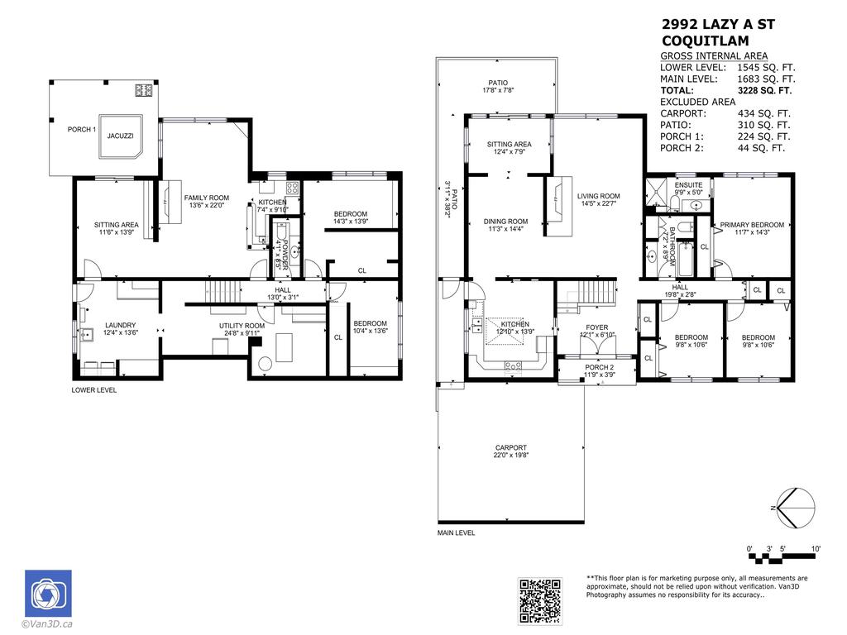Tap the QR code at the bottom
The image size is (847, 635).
click(x=539, y=600)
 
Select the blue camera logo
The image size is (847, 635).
click(x=48, y=594)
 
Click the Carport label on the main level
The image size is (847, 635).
click(x=511, y=447)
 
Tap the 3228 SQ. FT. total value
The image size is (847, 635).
click(x=763, y=90)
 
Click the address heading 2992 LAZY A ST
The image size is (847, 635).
click(x=719, y=24)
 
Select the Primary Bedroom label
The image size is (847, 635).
click(x=752, y=225)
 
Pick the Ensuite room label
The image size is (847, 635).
click(x=688, y=185)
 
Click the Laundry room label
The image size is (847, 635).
click(x=120, y=325)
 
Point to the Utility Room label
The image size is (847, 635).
click(x=242, y=327)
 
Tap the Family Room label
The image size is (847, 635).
click(x=206, y=198)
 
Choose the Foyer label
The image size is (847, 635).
click(x=597, y=327)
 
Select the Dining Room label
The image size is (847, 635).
click(x=505, y=222)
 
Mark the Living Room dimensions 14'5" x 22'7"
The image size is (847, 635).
click(x=597, y=203)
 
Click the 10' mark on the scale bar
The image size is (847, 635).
click(x=815, y=549)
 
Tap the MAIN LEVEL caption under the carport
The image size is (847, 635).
click(x=457, y=533)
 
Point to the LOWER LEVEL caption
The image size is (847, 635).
click(x=94, y=389)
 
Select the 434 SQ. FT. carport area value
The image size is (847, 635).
click(x=763, y=113)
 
